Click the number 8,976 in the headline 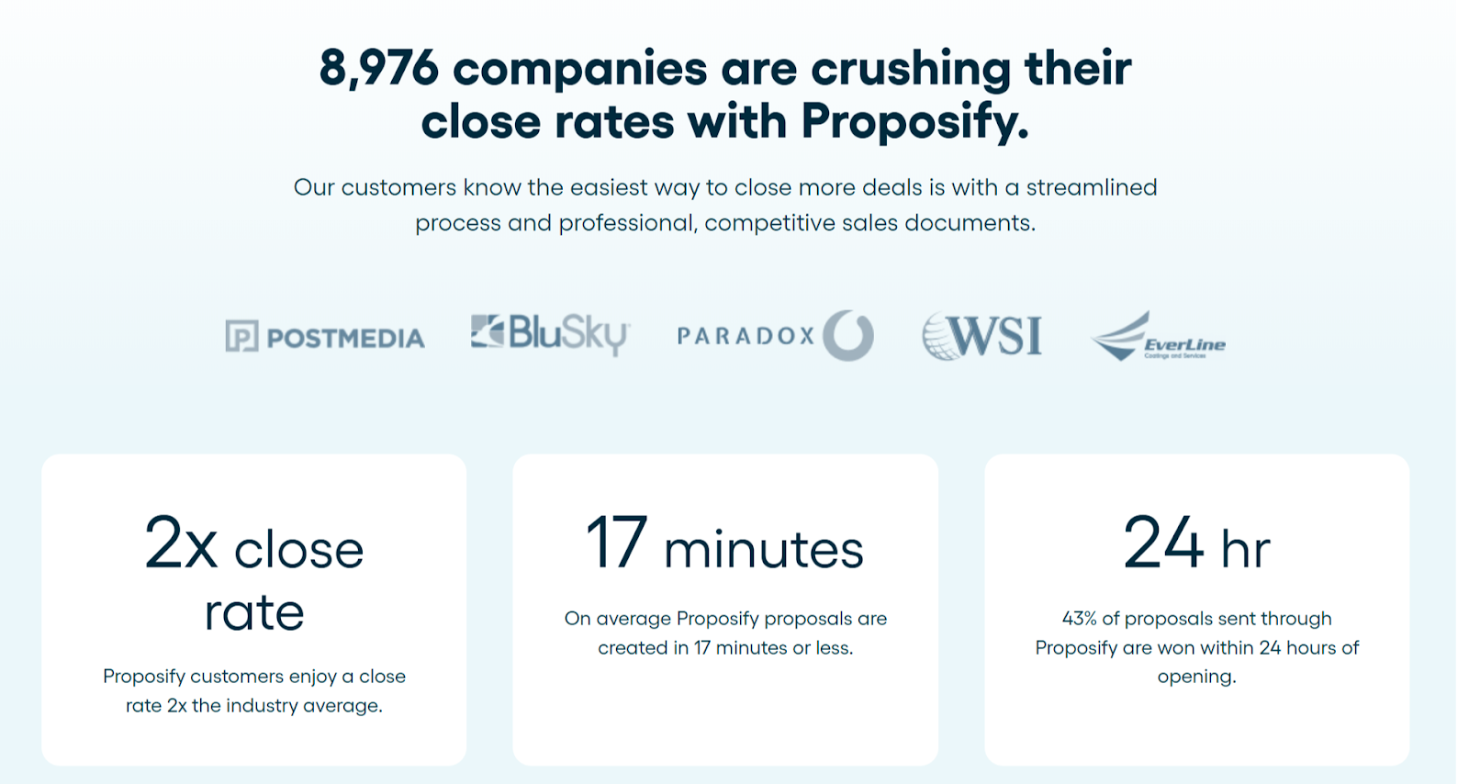click(378, 69)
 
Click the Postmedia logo click(325, 337)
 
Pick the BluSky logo click(549, 334)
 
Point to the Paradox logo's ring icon click(847, 335)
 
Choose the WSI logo click(982, 335)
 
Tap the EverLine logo click(1158, 337)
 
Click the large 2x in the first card click(181, 544)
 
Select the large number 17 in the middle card click(616, 543)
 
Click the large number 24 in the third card click(1163, 543)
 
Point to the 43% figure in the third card click(1079, 619)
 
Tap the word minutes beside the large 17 click(764, 550)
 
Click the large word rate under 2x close click(254, 611)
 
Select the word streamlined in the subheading click(1091, 187)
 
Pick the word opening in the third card click(1195, 677)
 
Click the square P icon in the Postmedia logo click(241, 337)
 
